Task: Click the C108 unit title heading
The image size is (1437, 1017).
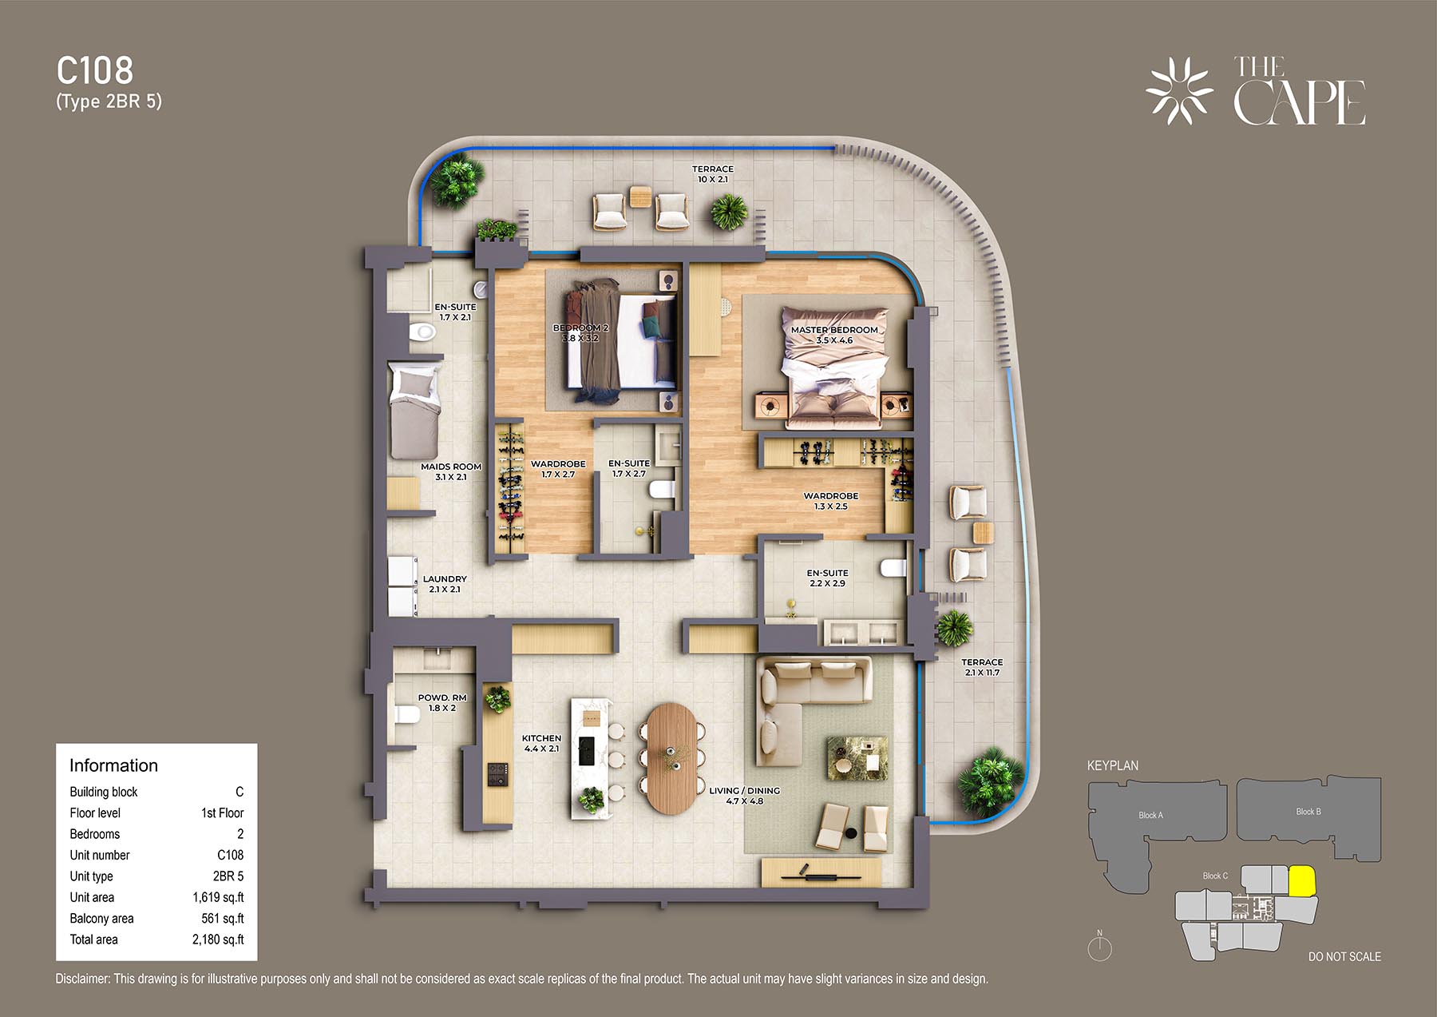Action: pos(95,70)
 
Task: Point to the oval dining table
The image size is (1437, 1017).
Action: pos(671,757)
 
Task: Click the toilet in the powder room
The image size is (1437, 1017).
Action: pos(406,713)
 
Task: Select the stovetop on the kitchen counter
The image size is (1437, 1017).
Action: pos(498,773)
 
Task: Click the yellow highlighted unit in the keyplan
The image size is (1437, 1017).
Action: pos(1302,881)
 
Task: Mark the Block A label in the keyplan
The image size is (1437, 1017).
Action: pos(1150,815)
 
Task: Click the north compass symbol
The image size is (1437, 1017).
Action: pos(1100,947)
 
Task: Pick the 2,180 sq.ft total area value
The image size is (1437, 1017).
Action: pos(218,940)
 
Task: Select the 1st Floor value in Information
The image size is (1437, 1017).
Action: pos(222,812)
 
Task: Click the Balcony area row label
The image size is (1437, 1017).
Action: pos(101,919)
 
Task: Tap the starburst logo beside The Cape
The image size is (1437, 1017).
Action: pos(1180,90)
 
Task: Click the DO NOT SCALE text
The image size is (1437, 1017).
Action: pos(1344,956)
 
